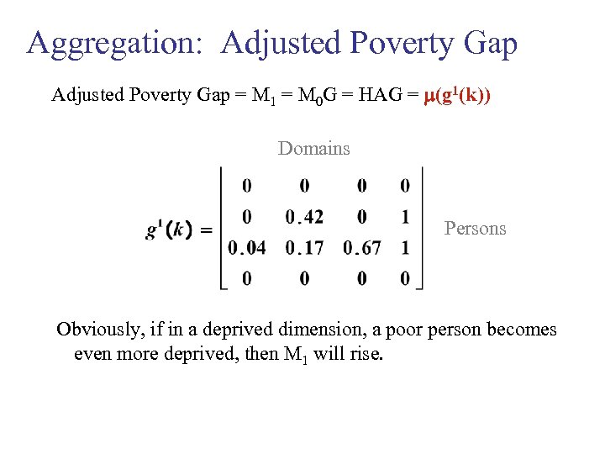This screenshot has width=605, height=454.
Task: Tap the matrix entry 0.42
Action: click(x=304, y=217)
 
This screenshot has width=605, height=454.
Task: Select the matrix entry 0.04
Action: click(x=246, y=248)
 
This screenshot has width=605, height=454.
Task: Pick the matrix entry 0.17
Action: click(x=304, y=248)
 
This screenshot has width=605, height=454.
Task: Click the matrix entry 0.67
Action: click(x=362, y=248)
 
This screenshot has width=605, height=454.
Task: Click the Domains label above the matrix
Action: click(x=313, y=149)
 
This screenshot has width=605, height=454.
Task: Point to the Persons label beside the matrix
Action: click(x=475, y=228)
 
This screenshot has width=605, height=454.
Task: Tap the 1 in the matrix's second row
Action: click(x=405, y=217)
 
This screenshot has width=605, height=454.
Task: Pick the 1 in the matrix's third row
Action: click(x=405, y=248)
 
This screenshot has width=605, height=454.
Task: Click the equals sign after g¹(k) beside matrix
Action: click(x=207, y=230)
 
